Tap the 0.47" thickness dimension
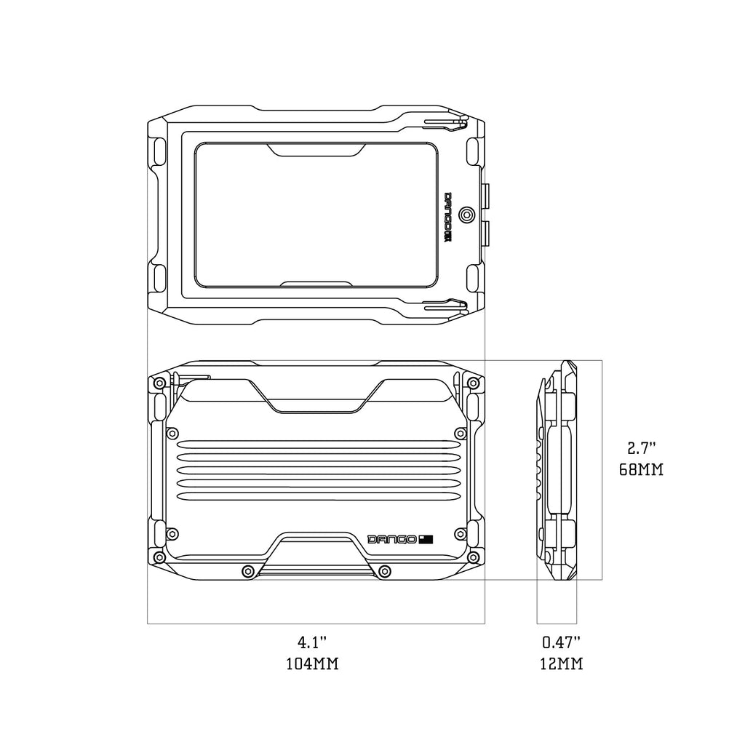pos(561,642)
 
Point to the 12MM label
pos(561,664)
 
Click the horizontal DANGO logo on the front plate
pos(392,539)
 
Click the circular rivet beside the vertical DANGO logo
pos(466,215)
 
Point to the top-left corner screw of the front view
pos(158,383)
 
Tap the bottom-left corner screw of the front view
pos(158,558)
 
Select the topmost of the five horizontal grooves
pos(317,444)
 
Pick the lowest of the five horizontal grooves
pos(317,496)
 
